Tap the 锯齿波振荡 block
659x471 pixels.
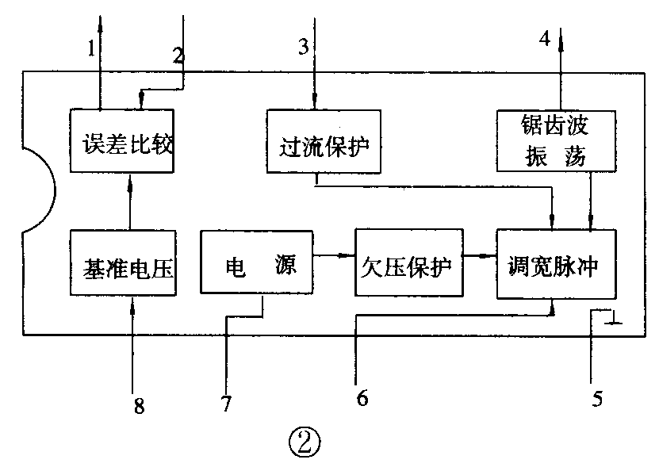556,141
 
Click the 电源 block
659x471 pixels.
257,264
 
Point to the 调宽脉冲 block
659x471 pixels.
556,264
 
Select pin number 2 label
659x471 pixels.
178,55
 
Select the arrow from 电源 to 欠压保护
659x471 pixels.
334,255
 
